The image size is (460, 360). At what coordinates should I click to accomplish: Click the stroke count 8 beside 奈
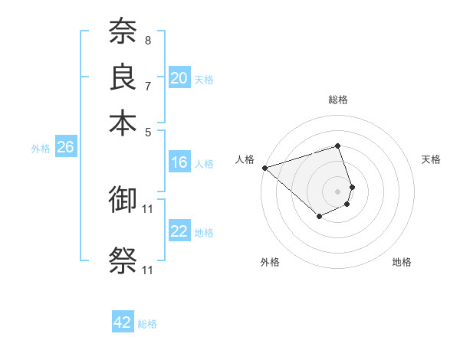147,40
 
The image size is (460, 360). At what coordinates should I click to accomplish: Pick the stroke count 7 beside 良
147,85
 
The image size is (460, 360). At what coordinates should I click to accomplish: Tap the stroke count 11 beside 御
148,208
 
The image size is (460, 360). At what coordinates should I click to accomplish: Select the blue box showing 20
179,77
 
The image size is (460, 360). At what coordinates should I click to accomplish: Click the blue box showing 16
179,162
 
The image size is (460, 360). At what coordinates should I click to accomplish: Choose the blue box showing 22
179,231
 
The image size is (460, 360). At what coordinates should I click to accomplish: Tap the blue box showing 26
65,148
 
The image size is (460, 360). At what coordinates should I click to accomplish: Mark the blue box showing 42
123,322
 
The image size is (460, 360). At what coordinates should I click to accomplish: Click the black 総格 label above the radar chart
338,100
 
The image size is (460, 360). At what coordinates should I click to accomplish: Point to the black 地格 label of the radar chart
402,262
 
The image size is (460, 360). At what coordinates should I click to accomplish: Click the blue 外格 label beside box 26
41,149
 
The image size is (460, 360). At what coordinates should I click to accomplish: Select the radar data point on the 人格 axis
264,167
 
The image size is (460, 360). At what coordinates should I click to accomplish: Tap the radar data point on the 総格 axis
338,146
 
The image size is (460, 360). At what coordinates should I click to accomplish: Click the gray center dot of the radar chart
338,191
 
